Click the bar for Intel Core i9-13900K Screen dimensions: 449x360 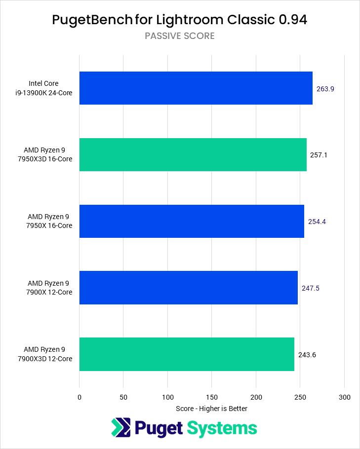point(196,88)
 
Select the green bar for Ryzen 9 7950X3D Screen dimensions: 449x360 point(193,154)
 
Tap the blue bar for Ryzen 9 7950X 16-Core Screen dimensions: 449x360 point(192,221)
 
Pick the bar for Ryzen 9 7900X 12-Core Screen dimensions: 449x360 point(188,287)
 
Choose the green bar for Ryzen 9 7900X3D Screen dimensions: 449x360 point(187,354)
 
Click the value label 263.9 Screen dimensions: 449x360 point(325,89)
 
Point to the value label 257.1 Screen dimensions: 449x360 point(319,155)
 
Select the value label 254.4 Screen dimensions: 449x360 point(317,222)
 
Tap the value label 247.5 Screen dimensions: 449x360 point(311,288)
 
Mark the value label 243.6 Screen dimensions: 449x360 point(307,354)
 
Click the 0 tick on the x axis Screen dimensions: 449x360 point(79,397)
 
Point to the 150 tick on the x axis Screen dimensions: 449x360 point(211,397)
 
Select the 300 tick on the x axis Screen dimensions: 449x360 point(345,397)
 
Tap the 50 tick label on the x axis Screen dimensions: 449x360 point(123,397)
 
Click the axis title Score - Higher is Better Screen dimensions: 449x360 point(211,409)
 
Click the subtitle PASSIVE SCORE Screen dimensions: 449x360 point(180,36)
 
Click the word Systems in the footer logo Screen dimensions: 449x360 point(221,428)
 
